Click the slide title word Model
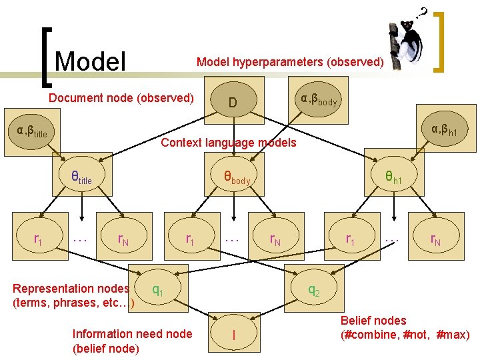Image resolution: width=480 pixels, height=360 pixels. pos(91,61)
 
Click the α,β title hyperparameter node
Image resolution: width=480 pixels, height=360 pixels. pos(32,130)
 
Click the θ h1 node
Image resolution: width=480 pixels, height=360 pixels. pos(393,177)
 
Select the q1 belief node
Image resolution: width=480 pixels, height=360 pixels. pos(158,289)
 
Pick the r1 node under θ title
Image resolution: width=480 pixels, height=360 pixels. pos(39,239)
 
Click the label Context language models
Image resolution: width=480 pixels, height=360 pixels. pos(229,143)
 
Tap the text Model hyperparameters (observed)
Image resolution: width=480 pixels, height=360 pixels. pos(290,62)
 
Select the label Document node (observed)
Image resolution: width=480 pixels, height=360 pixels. pos(121,98)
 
